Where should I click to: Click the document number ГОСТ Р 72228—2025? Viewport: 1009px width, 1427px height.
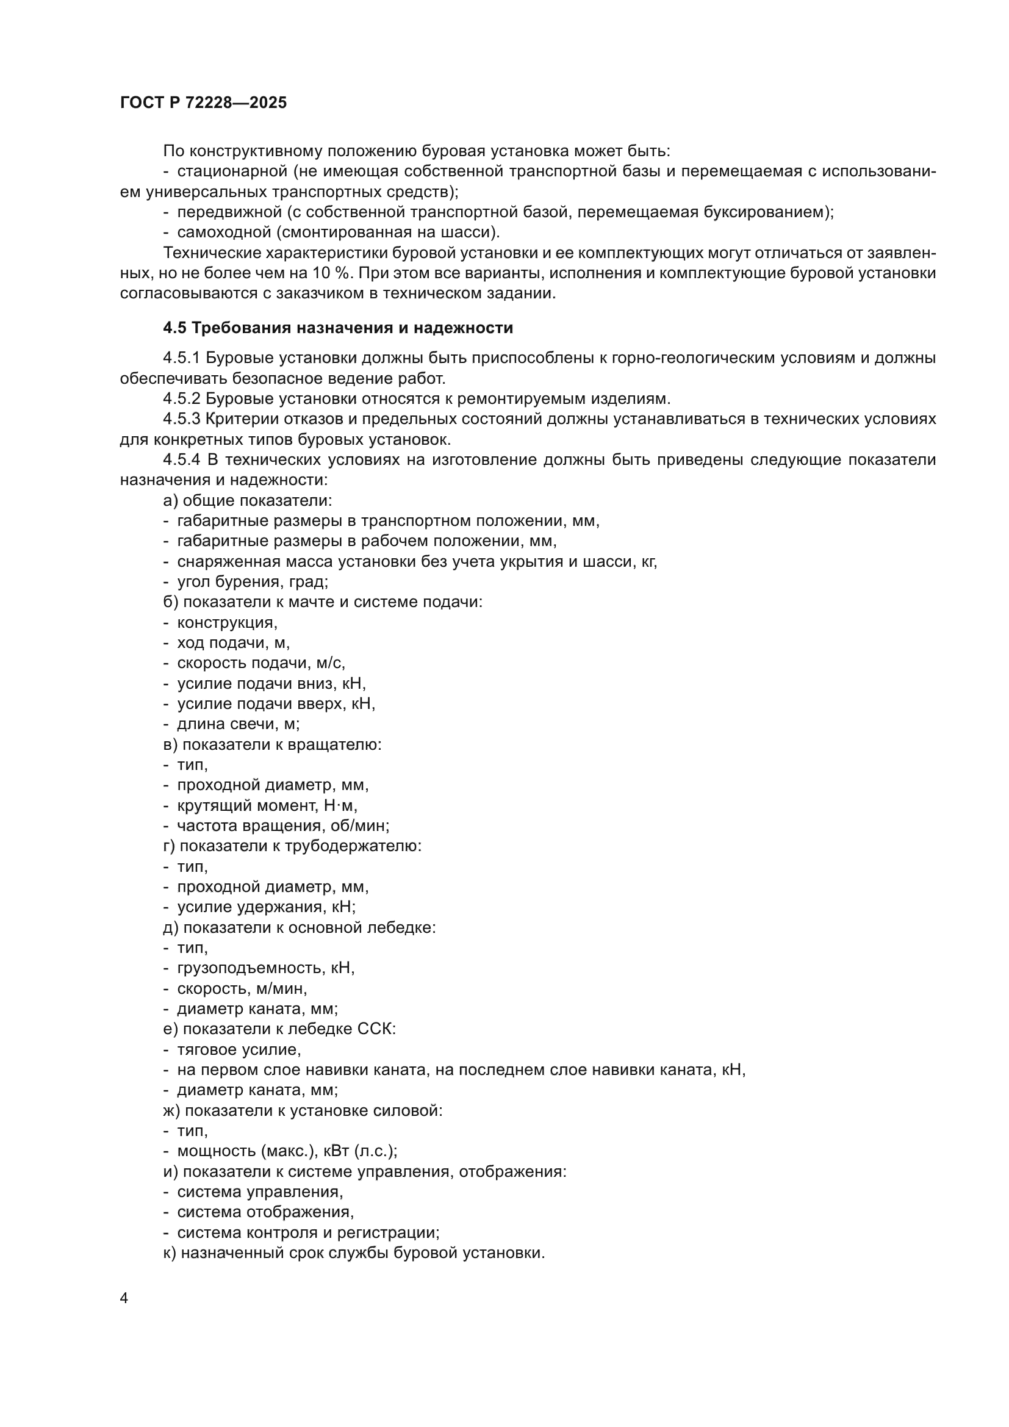203,103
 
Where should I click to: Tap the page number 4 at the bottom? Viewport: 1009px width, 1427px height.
124,1298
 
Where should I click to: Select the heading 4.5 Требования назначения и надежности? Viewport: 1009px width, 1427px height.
338,328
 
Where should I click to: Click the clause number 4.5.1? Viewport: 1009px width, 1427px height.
181,358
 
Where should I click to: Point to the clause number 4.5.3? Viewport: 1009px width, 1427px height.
181,419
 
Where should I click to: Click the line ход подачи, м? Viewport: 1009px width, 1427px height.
233,642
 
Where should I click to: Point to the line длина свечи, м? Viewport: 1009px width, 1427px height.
238,724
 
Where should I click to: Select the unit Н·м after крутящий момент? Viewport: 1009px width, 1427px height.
340,805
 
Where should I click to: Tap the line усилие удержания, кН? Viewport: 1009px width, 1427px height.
266,907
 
